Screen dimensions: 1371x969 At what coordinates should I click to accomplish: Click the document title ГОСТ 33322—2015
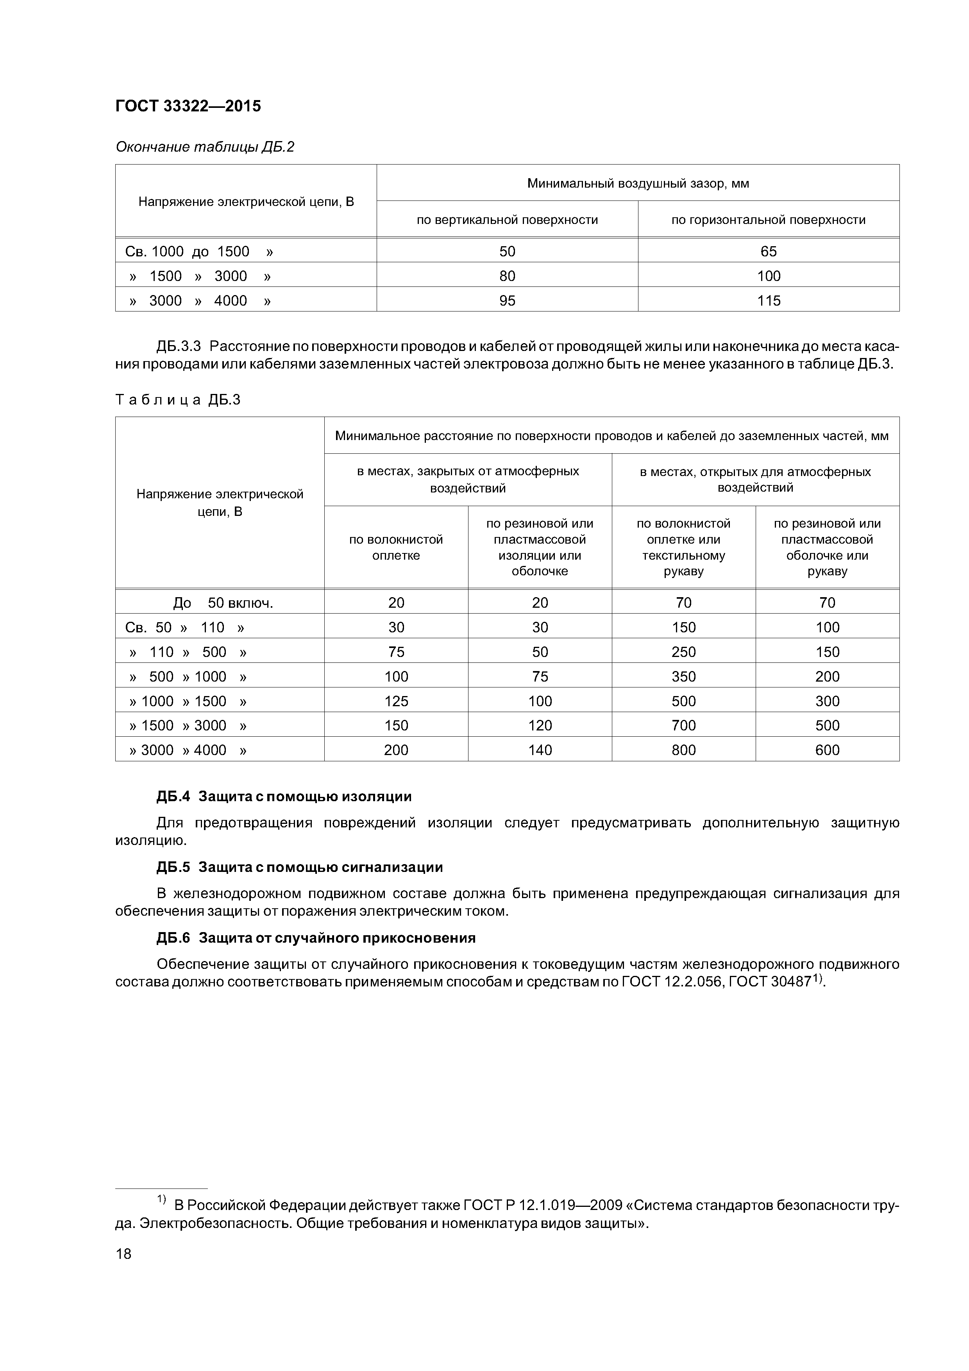tap(188, 106)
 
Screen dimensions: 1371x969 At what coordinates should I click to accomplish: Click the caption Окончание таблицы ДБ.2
tap(205, 147)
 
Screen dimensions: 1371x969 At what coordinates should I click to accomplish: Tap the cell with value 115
tap(769, 301)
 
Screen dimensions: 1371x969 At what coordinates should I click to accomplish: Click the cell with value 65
tap(769, 251)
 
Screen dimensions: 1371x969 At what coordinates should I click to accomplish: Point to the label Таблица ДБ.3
tap(178, 400)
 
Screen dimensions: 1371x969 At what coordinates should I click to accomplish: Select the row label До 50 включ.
tap(223, 603)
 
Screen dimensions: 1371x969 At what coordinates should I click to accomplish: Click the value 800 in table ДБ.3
tap(684, 750)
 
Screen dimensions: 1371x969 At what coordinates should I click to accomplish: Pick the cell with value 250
tap(684, 652)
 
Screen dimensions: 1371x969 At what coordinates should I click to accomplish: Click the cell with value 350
tap(684, 677)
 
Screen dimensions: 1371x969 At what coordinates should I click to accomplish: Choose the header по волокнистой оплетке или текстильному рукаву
tap(684, 547)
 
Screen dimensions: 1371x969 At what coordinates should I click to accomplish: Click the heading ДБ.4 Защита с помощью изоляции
tap(284, 796)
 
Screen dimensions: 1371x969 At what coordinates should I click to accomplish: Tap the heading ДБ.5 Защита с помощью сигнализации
tap(300, 867)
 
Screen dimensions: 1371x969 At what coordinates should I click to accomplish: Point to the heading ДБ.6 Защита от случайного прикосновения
tap(316, 938)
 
